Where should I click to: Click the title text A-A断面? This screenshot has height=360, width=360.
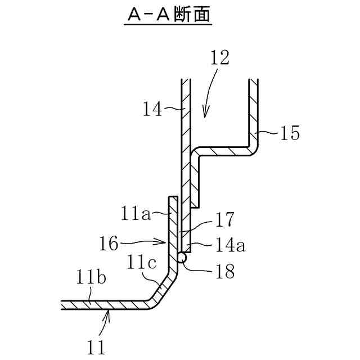pyautogui.click(x=168, y=15)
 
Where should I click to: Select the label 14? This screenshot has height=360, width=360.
pyautogui.click(x=152, y=109)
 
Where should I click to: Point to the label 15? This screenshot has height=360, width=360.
pyautogui.click(x=289, y=133)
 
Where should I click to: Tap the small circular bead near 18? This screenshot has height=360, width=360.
pyautogui.click(x=182, y=257)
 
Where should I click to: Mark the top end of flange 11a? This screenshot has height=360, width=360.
pyautogui.click(x=173, y=198)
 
